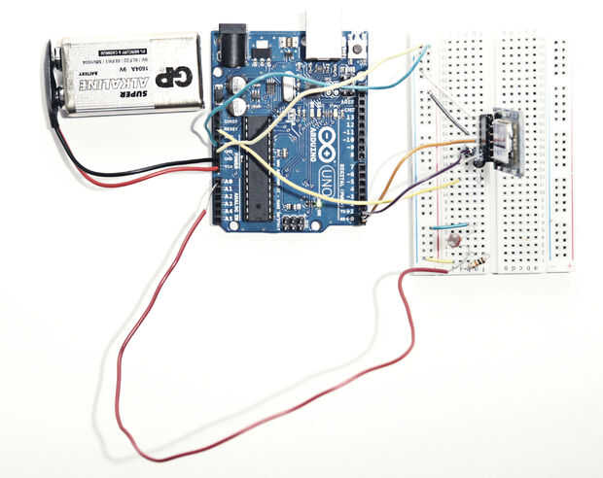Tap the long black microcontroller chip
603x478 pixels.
[257, 161]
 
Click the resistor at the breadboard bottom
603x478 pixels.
[474, 263]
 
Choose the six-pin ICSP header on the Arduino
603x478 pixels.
[289, 222]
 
